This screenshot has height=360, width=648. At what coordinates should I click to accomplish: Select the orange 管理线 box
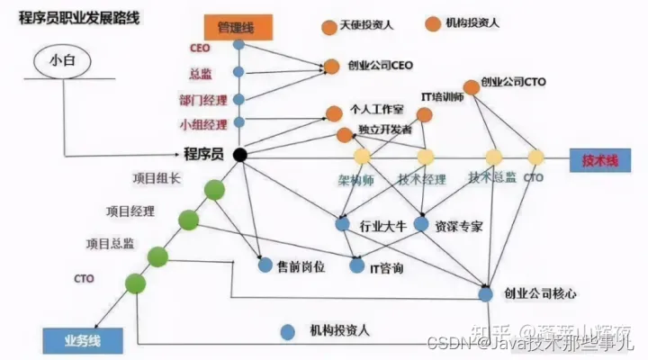pyautogui.click(x=236, y=27)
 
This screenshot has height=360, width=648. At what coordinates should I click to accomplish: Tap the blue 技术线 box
pyautogui.click(x=598, y=159)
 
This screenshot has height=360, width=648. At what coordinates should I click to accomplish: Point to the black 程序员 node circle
pyautogui.click(x=239, y=156)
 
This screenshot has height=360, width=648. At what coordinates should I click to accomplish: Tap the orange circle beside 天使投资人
pyautogui.click(x=329, y=25)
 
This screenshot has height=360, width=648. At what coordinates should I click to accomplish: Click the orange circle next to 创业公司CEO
pyautogui.click(x=331, y=66)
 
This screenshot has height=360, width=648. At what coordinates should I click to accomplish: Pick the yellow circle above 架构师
pyautogui.click(x=361, y=157)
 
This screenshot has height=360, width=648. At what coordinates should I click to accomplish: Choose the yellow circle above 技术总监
pyautogui.click(x=493, y=157)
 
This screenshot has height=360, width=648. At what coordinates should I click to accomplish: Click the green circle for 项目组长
pyautogui.click(x=214, y=190)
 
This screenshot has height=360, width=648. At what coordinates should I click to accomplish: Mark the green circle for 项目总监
pyautogui.click(x=159, y=256)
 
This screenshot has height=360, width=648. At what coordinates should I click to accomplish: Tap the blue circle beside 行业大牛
pyautogui.click(x=342, y=223)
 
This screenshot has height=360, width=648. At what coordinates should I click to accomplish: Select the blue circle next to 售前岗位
pyautogui.click(x=265, y=265)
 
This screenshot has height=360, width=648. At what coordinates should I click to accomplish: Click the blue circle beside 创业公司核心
pyautogui.click(x=486, y=293)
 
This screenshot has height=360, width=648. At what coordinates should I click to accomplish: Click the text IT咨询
pyautogui.click(x=387, y=268)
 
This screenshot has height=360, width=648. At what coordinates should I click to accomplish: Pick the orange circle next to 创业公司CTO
pyautogui.click(x=471, y=87)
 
